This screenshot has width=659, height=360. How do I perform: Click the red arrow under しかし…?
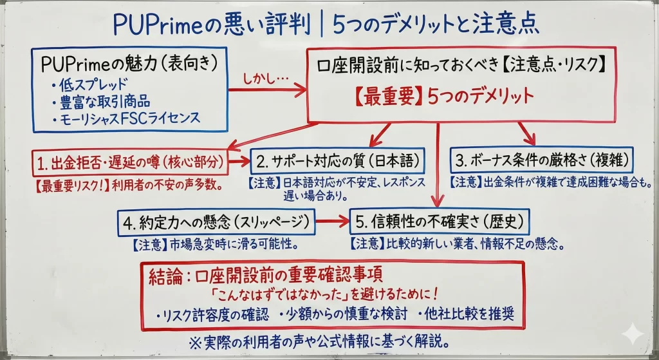(x=267, y=90)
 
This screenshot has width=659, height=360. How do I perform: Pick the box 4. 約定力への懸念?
(x=217, y=223)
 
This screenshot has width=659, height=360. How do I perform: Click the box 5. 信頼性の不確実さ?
(x=439, y=223)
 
